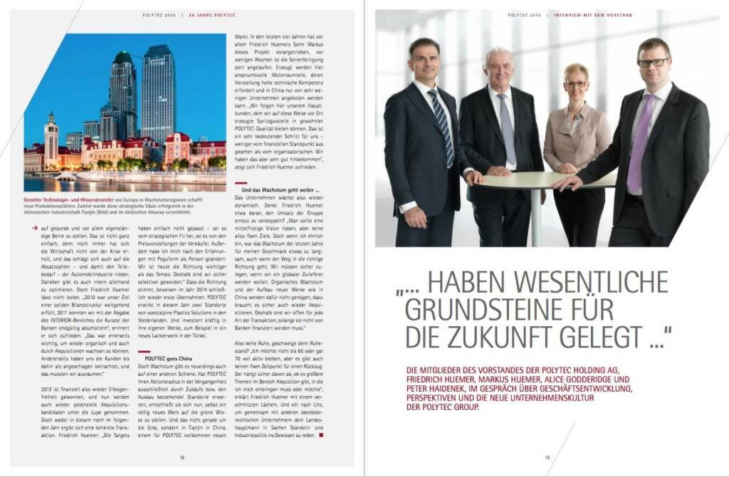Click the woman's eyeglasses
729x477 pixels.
(575, 83)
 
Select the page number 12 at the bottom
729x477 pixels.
(182, 458)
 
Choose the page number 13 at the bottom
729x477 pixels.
(547, 458)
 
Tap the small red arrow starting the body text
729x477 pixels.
(35, 228)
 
